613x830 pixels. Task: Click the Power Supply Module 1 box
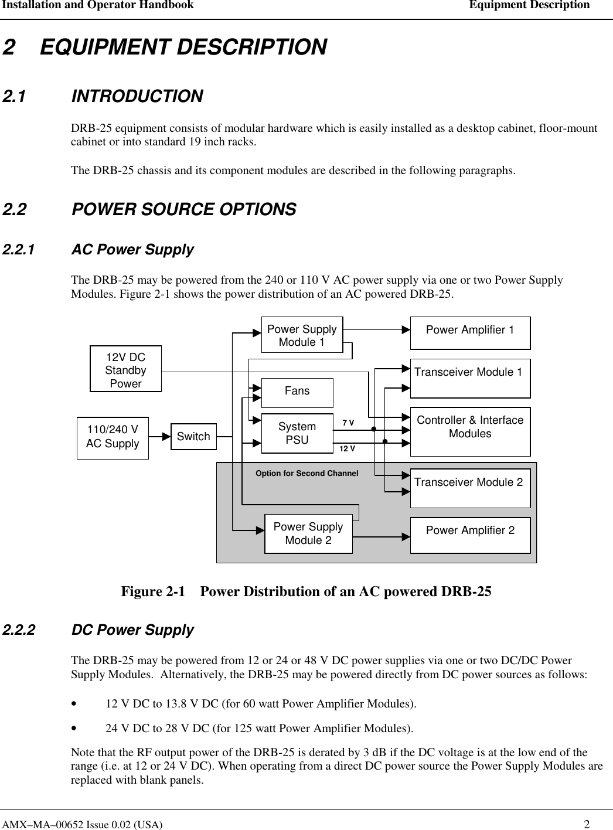point(302,335)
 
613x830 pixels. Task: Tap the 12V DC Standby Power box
point(125,369)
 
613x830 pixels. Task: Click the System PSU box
point(297,434)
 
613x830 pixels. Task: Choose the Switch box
point(193,437)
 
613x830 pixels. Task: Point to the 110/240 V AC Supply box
point(113,438)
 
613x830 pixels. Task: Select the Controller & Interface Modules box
point(470,431)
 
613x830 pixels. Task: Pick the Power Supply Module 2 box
point(308,534)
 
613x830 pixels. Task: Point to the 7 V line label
point(348,423)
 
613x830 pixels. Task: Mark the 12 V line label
point(348,448)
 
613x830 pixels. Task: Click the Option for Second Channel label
point(307,473)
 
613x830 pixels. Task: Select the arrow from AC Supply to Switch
point(159,437)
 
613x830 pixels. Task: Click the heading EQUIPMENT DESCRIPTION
point(183,47)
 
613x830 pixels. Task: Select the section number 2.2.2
point(19,630)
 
